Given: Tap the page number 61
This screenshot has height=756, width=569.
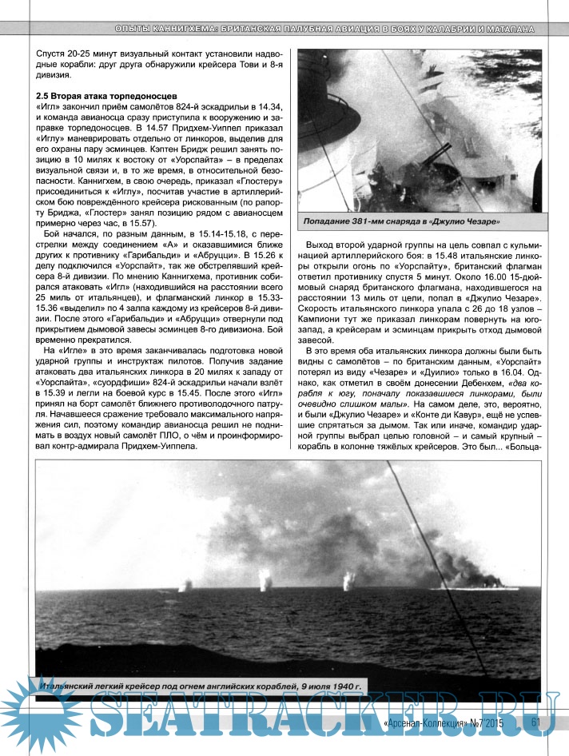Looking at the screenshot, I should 535,722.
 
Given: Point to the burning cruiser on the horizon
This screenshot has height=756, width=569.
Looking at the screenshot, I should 472,574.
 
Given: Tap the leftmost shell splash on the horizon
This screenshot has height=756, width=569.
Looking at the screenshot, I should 189,586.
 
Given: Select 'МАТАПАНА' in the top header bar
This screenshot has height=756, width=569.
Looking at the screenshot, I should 505,29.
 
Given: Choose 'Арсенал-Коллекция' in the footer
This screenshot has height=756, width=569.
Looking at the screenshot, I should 428,723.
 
